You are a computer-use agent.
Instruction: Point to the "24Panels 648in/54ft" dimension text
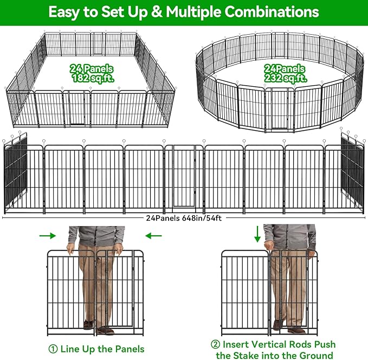click(184, 218)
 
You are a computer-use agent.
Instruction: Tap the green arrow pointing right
click(48, 236)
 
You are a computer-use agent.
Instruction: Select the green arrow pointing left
click(154, 236)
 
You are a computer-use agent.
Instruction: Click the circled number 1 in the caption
click(52, 349)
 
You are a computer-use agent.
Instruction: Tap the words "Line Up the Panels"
click(102, 349)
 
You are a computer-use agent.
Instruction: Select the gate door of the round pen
click(280, 108)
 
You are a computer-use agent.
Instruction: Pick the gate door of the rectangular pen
click(76, 108)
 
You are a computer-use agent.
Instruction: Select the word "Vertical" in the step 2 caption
click(266, 345)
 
